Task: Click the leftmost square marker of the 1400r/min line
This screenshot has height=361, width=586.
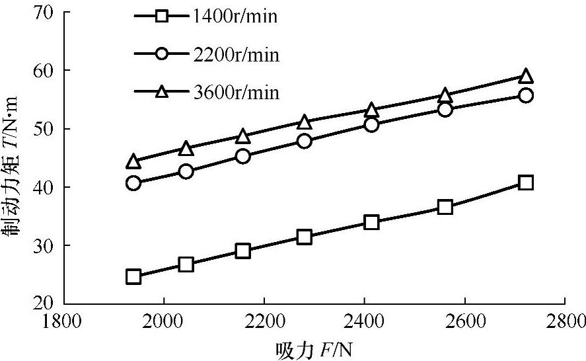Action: tap(133, 276)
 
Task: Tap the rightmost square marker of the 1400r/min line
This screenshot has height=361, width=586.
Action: tap(526, 182)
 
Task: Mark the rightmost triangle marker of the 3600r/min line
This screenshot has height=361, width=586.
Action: tap(526, 76)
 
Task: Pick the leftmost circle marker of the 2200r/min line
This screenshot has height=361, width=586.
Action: tap(133, 183)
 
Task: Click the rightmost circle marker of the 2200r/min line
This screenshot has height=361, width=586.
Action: tap(526, 95)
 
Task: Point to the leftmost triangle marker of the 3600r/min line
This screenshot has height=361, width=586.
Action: tap(133, 161)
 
